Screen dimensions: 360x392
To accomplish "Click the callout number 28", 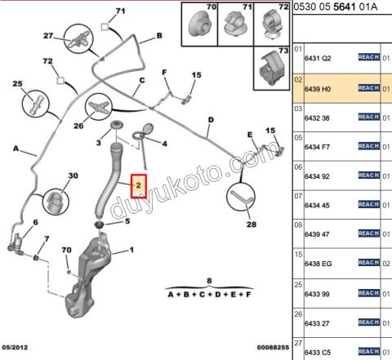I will coord(251,224).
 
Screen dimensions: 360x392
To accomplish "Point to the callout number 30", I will coord(73,177).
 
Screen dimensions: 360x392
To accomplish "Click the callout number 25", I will coord(17,85).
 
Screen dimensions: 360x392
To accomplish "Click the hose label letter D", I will coord(210,121).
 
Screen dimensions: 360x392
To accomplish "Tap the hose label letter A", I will coord(16,148).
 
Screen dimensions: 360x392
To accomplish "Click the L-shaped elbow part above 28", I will coord(241,198).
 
